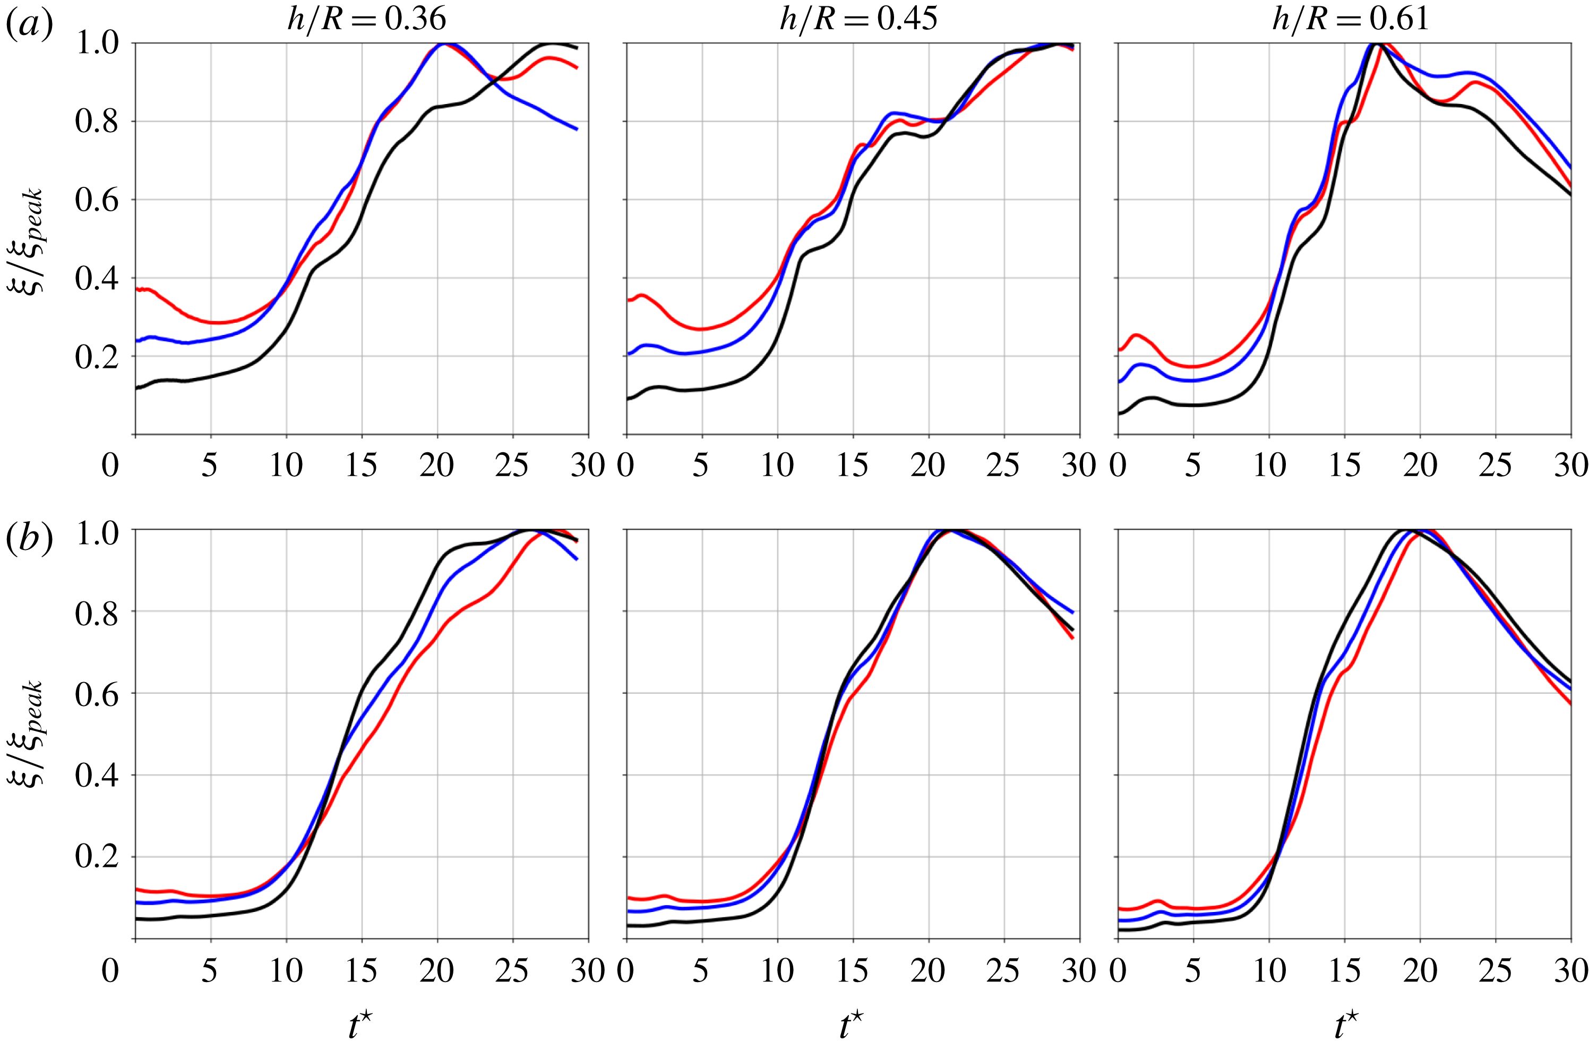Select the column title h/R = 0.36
coord(366,18)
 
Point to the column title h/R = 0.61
coord(1350,18)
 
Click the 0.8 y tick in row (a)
coord(97,121)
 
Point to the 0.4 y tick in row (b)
coord(97,775)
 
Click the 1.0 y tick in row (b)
coord(97,533)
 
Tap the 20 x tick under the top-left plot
coord(436,464)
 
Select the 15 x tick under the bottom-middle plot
coord(852,970)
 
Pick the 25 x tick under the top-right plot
coord(1495,464)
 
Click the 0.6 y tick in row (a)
coord(97,200)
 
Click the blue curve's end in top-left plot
coord(577,129)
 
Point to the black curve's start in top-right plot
coord(1120,413)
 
